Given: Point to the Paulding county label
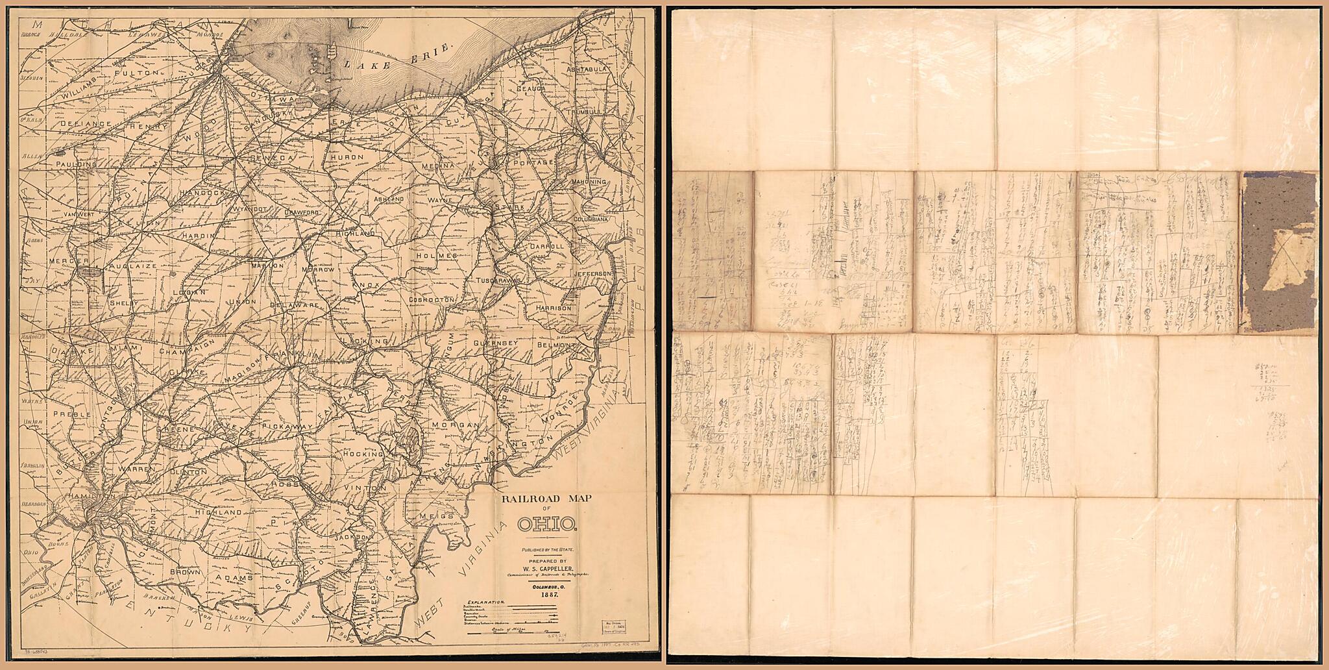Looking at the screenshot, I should pyautogui.click(x=77, y=165).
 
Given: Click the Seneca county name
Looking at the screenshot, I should pyautogui.click(x=272, y=157).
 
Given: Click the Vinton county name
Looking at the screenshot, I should pyautogui.click(x=357, y=487).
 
